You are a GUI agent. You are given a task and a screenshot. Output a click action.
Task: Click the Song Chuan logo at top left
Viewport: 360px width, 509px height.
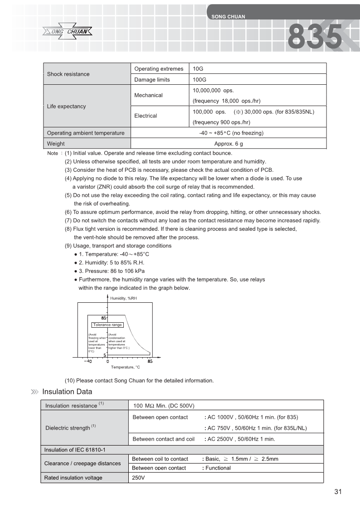[x=68, y=31]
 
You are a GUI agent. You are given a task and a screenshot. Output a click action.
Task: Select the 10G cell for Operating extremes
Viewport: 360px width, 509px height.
[x=198, y=69]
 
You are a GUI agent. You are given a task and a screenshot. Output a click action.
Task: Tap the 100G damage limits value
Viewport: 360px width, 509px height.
[x=199, y=80]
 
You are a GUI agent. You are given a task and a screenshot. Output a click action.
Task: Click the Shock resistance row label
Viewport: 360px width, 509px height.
[x=68, y=74]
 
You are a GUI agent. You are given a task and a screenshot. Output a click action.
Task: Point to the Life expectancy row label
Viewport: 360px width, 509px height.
[x=66, y=106]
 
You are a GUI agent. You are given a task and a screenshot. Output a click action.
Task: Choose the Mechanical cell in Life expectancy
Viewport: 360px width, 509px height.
[x=148, y=95]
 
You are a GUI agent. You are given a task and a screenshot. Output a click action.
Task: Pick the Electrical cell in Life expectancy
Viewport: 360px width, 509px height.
[x=146, y=116]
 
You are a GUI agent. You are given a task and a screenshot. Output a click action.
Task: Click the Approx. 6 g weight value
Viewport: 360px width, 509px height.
[x=229, y=144]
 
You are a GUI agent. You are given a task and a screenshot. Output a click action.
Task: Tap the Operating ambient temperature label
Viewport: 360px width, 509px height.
[x=86, y=133]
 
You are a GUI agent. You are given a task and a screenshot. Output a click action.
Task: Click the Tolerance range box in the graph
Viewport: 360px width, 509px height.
[x=107, y=325]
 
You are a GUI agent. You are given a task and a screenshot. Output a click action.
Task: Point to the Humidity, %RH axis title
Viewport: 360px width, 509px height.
[x=123, y=298]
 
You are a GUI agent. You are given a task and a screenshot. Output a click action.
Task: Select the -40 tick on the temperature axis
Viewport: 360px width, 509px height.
[x=88, y=361]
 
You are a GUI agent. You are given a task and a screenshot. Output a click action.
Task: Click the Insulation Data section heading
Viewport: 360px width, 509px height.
[x=67, y=392]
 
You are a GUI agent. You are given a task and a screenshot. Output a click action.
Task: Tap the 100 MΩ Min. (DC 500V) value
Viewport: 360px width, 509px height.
[x=164, y=405]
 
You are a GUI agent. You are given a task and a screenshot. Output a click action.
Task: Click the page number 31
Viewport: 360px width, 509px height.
[x=337, y=492]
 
